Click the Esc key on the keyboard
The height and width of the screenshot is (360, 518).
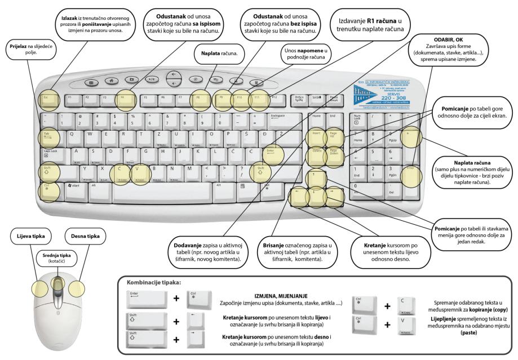coord(48,99)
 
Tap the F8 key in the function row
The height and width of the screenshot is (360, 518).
coord(198,99)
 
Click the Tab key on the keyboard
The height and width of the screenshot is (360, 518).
coord(48,136)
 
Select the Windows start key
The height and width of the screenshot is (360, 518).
coord(74,185)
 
